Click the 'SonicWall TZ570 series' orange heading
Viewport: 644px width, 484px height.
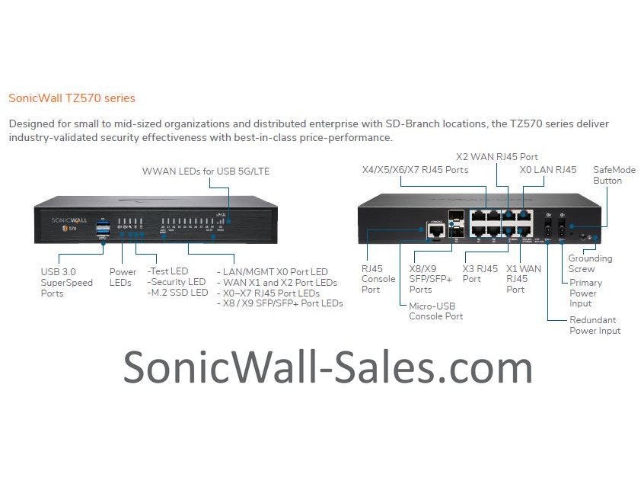pos(72,98)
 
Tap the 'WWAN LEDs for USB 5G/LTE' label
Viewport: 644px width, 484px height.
pos(206,171)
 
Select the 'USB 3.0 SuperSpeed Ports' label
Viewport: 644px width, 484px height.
pos(67,283)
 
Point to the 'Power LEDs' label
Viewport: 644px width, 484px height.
pos(123,277)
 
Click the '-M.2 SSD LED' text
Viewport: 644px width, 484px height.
pos(177,293)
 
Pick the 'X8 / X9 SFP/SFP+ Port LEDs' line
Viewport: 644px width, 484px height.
pos(279,303)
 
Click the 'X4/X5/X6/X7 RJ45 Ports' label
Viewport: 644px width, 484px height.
pos(415,169)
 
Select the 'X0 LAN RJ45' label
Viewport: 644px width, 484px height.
pos(548,169)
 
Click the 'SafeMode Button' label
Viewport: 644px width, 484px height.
pos(614,175)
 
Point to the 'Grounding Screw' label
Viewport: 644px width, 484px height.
pos(590,264)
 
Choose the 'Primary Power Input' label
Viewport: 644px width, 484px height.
pos(585,293)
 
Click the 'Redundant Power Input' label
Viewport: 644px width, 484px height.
pos(595,325)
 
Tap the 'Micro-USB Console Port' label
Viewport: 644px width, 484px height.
pos(436,311)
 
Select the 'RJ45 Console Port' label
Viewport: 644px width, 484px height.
pos(378,279)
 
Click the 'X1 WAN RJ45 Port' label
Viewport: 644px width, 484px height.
pos(524,279)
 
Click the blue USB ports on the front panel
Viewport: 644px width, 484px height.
pos(103,226)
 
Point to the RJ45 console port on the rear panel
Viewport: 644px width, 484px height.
pos(436,229)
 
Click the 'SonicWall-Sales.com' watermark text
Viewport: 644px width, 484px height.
pos(327,368)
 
